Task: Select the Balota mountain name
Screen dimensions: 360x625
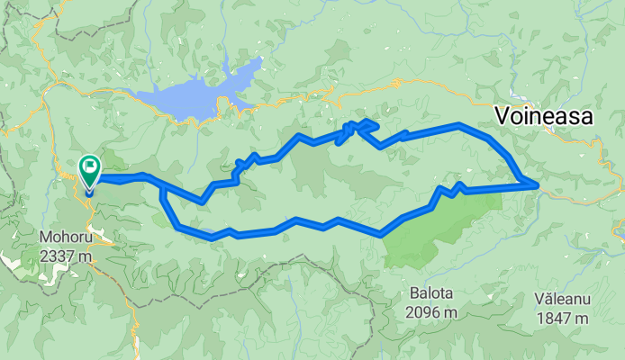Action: (429, 294)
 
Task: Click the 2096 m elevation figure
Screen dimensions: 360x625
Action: (429, 312)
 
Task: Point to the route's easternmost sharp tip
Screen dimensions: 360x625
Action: (538, 185)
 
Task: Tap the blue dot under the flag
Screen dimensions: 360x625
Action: (90, 189)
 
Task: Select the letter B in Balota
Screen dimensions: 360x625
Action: (410, 294)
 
